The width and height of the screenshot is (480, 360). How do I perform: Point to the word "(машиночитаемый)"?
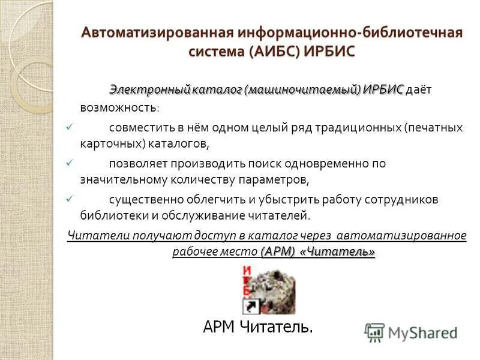[x=302, y=89]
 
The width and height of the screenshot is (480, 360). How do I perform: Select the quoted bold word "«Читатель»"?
[x=340, y=251]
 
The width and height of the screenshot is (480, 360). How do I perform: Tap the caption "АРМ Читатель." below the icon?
[x=258, y=327]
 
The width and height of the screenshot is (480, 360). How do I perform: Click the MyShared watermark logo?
[x=410, y=333]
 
